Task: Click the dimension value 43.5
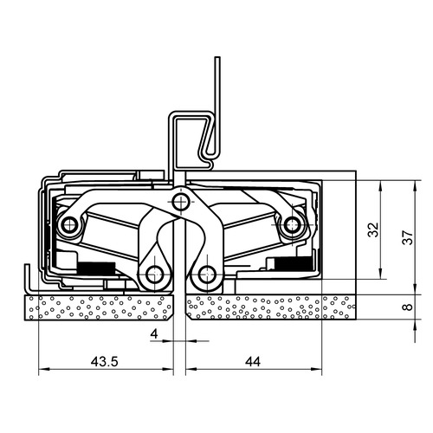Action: [104, 361]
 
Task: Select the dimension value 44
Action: [253, 361]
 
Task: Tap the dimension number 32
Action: [374, 229]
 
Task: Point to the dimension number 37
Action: [409, 237]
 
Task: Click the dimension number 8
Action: [409, 307]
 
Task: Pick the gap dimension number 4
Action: [154, 334]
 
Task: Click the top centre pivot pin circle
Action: [180, 202]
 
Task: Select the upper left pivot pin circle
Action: [68, 224]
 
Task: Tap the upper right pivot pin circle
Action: [292, 224]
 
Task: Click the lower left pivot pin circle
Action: [155, 275]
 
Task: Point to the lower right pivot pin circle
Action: [207, 274]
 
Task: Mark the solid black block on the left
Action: [97, 268]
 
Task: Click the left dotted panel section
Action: [99, 307]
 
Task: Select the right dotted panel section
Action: [271, 307]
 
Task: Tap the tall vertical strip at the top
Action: [217, 107]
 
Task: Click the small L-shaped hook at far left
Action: [28, 278]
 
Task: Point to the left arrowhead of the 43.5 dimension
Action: [43, 369]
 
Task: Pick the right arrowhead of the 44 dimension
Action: [317, 369]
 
